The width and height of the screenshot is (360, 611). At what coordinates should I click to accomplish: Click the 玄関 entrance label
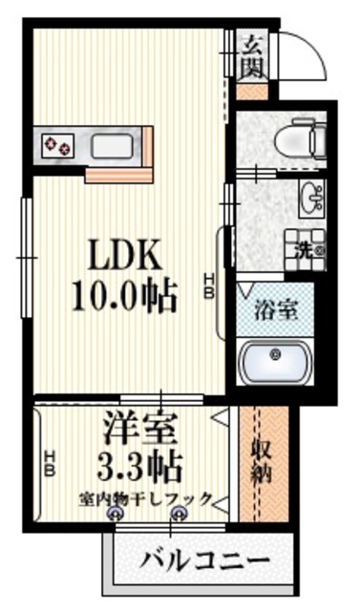[x=253, y=55]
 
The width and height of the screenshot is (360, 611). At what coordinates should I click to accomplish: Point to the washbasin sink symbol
[x=311, y=200]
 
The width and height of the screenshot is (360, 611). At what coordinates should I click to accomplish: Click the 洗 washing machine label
[x=303, y=251]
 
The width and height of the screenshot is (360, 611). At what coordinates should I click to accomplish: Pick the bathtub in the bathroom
[x=277, y=361]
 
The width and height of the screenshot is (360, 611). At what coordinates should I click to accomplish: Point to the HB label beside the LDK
[x=208, y=285]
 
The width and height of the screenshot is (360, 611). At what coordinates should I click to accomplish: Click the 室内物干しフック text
[x=145, y=499]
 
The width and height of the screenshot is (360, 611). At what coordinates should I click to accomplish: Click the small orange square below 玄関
[x=251, y=94]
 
